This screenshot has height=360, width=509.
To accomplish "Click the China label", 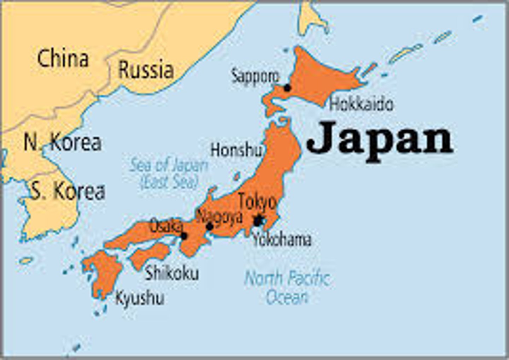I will pos(63,59).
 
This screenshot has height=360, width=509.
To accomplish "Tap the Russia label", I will pos(146,70).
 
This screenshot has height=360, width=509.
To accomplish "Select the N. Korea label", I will pos(62,142).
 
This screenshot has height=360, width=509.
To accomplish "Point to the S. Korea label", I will pos(68,191).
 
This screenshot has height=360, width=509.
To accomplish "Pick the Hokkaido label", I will pos(361,104).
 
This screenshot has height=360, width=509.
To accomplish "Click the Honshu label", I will pos(236,150).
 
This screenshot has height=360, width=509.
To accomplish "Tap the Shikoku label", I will pos(172,273).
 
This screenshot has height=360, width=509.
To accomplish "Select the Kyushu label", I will pos(140,299).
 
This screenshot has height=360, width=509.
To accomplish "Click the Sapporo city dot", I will pos(287,88).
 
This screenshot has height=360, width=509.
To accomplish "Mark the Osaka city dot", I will pos(184,236).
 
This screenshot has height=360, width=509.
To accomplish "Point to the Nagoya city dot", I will pos(210,226).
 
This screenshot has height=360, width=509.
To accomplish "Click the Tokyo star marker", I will pos(258,221).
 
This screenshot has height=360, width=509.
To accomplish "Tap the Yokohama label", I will pos(282,240).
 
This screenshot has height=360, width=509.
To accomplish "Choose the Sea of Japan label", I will pos(169,173).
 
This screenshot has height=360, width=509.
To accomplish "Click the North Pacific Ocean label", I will pos(287,287).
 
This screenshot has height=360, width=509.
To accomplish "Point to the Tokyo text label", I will pos(257,202).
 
